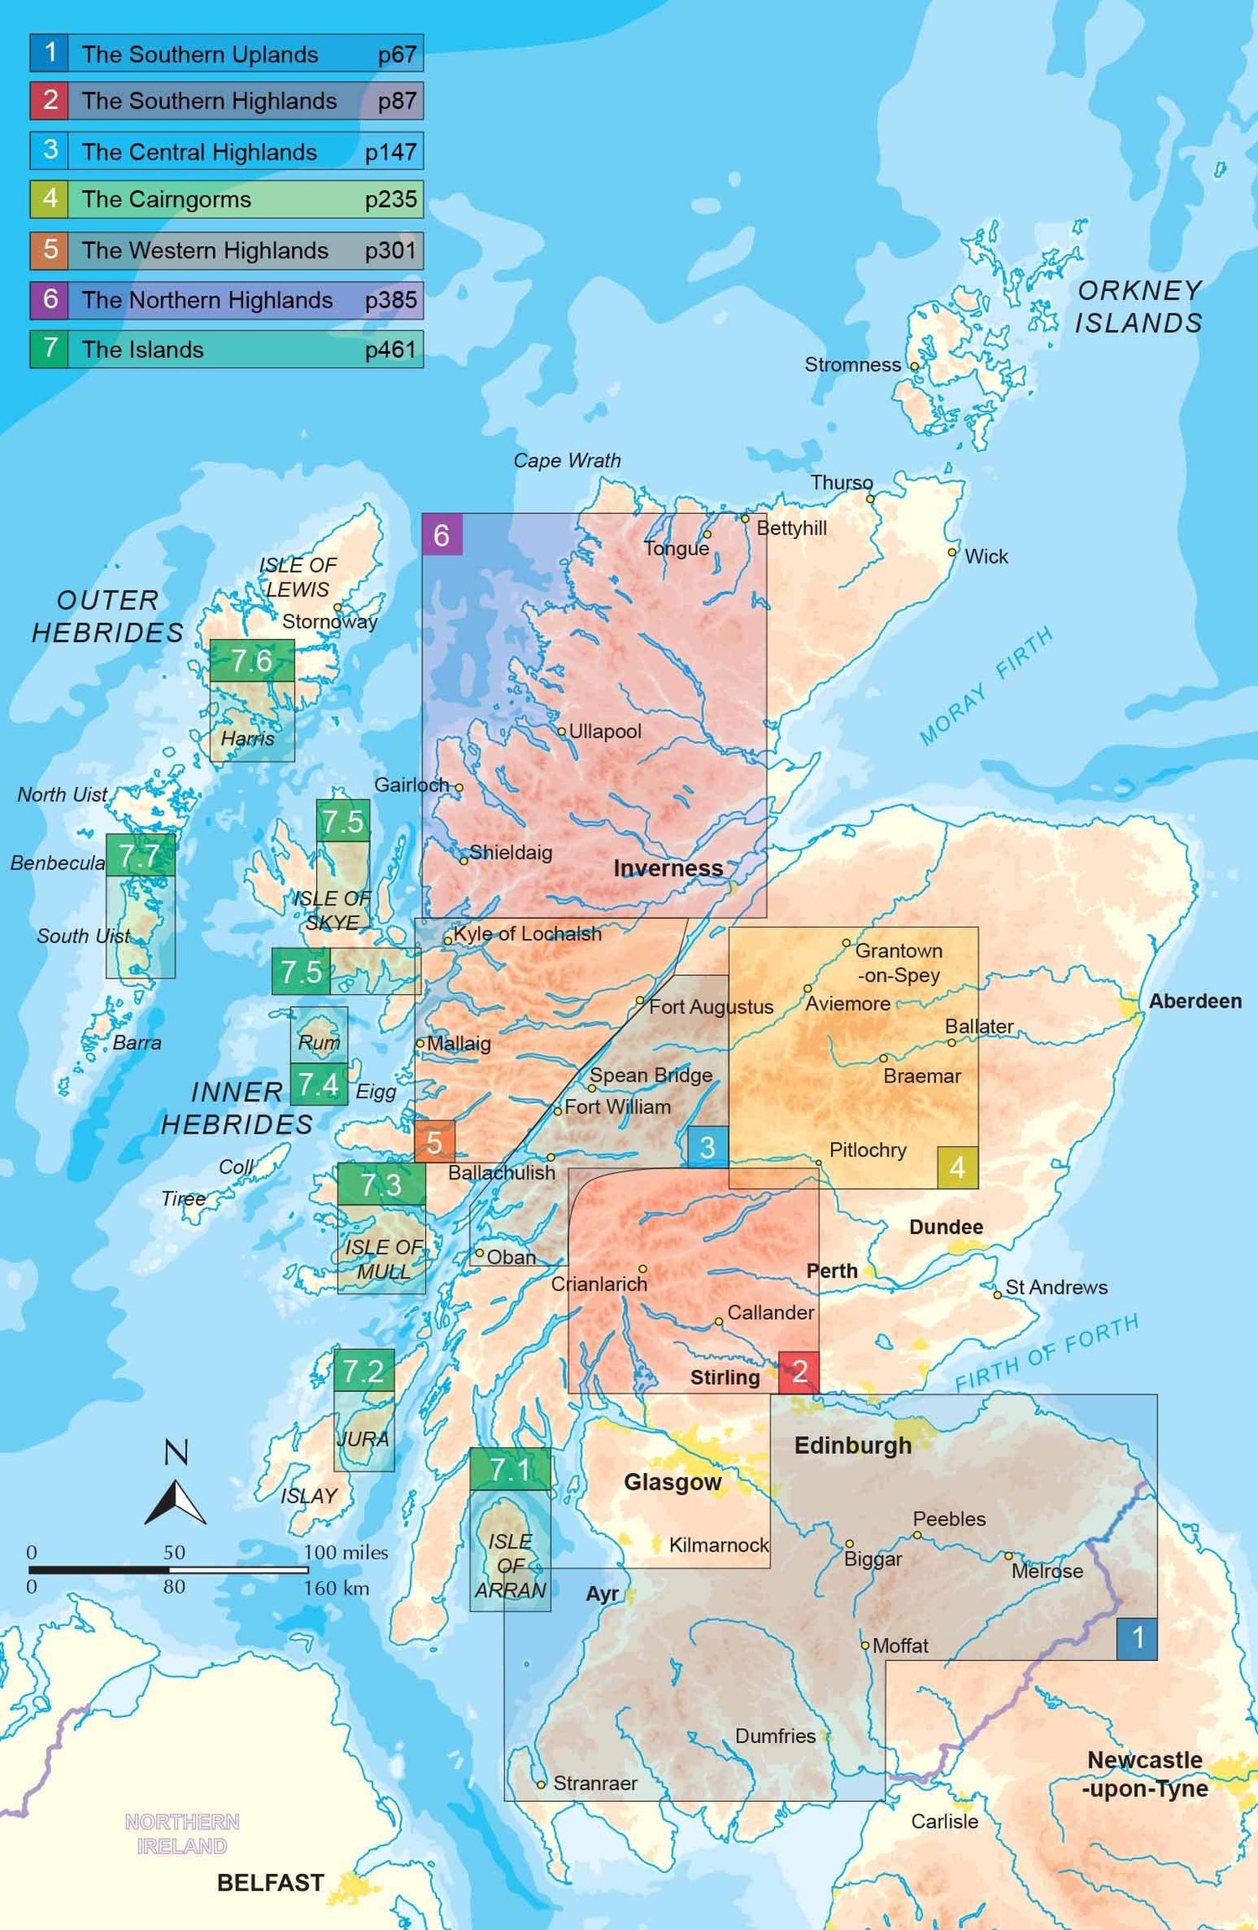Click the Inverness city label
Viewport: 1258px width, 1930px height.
[668, 868]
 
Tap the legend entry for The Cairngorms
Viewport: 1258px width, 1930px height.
[226, 200]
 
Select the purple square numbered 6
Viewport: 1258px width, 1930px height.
[441, 535]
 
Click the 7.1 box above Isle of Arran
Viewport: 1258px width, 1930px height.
[510, 1469]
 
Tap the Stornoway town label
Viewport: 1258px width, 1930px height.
[329, 621]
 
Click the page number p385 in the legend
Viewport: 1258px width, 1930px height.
[390, 300]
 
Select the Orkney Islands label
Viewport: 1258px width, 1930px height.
[1138, 307]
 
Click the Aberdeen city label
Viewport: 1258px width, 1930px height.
[1194, 1001]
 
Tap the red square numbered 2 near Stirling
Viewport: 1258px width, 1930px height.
[798, 1372]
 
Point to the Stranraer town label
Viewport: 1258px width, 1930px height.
[594, 1783]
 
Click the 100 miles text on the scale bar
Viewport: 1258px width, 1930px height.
[346, 1552]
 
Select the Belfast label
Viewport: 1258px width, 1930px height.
[270, 1883]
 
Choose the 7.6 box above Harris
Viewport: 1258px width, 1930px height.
[252, 661]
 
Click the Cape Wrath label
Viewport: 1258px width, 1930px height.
[567, 460]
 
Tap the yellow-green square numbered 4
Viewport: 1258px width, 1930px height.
[957, 1167]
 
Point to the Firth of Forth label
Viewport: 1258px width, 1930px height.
[1047, 1352]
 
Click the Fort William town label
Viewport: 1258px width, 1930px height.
[616, 1107]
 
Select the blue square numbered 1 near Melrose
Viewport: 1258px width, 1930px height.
[1137, 1637]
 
